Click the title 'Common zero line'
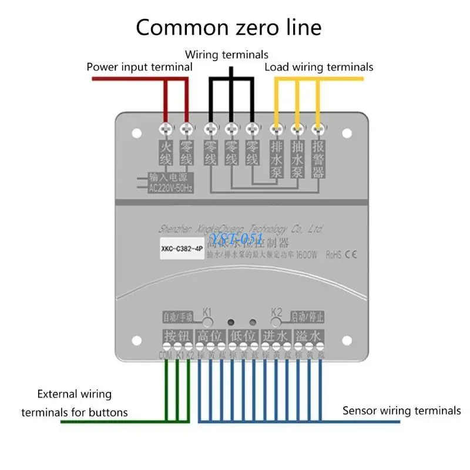(229, 28)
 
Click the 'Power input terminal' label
(139, 67)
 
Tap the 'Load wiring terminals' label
(318, 67)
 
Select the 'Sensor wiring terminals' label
(402, 411)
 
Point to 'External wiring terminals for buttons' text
(75, 403)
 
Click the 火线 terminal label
(166, 151)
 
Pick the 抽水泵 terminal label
(297, 158)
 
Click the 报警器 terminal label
(318, 158)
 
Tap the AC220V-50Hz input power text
(170, 188)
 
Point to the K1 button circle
(208, 321)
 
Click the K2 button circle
(277, 321)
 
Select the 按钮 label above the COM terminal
(178, 337)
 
